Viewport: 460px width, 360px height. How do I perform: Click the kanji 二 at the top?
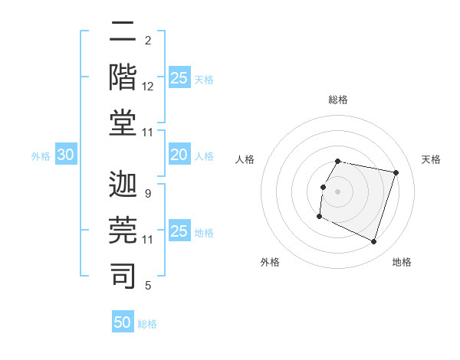click(123, 32)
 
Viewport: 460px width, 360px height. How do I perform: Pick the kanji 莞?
click(123, 230)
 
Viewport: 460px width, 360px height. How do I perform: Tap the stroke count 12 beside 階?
click(148, 87)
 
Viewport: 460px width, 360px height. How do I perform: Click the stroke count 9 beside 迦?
click(148, 194)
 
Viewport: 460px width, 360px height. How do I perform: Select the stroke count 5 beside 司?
click(148, 286)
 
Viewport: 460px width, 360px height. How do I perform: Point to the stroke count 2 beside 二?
click(148, 41)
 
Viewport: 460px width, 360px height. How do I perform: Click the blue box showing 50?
click(123, 322)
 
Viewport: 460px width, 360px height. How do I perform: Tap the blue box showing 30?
click(65, 155)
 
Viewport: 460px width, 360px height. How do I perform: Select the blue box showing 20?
click(179, 155)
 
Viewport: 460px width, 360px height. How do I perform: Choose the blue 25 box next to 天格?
click(179, 78)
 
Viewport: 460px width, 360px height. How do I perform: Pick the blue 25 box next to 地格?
click(179, 231)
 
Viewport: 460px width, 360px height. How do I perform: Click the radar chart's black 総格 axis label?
click(338, 100)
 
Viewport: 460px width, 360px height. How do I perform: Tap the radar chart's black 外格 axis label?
click(270, 262)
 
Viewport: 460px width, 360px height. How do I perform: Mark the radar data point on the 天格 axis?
click(396, 173)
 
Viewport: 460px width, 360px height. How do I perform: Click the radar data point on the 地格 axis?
click(374, 242)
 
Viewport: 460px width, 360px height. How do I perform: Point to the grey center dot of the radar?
click(338, 191)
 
